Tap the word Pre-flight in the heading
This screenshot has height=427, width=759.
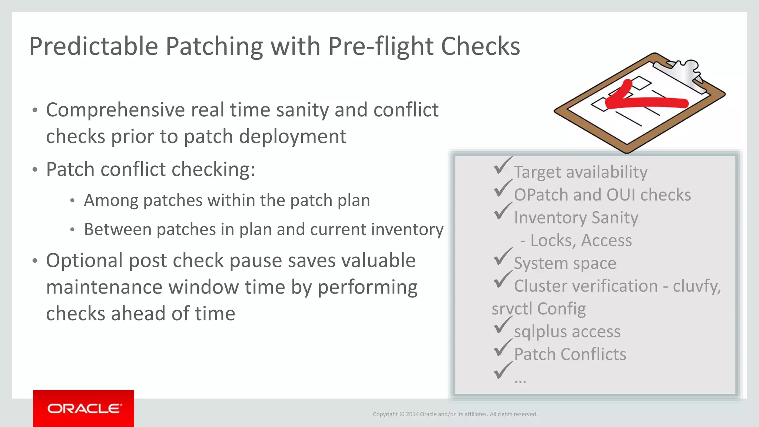[x=380, y=47]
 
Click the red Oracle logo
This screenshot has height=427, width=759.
[x=83, y=408]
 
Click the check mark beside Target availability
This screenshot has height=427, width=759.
[x=502, y=166]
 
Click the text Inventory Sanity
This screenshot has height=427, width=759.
[x=576, y=218]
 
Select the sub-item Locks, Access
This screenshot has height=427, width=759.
[x=580, y=241]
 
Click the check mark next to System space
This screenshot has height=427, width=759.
[x=502, y=257]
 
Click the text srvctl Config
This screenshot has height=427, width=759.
[x=538, y=309]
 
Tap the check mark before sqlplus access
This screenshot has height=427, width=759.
[x=502, y=325]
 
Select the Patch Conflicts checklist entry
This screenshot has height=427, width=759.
[x=570, y=354]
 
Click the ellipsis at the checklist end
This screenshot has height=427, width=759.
[x=520, y=380]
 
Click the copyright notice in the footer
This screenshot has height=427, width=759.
[x=455, y=414]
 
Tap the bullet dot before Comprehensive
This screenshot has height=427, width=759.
[x=35, y=110]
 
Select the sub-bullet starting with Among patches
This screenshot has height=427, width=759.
[x=227, y=201]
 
